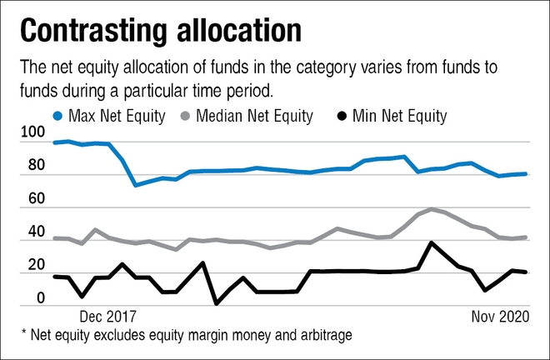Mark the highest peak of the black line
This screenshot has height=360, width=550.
tap(431, 242)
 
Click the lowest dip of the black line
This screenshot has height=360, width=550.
tap(217, 303)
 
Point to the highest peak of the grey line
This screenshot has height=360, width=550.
tap(431, 209)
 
